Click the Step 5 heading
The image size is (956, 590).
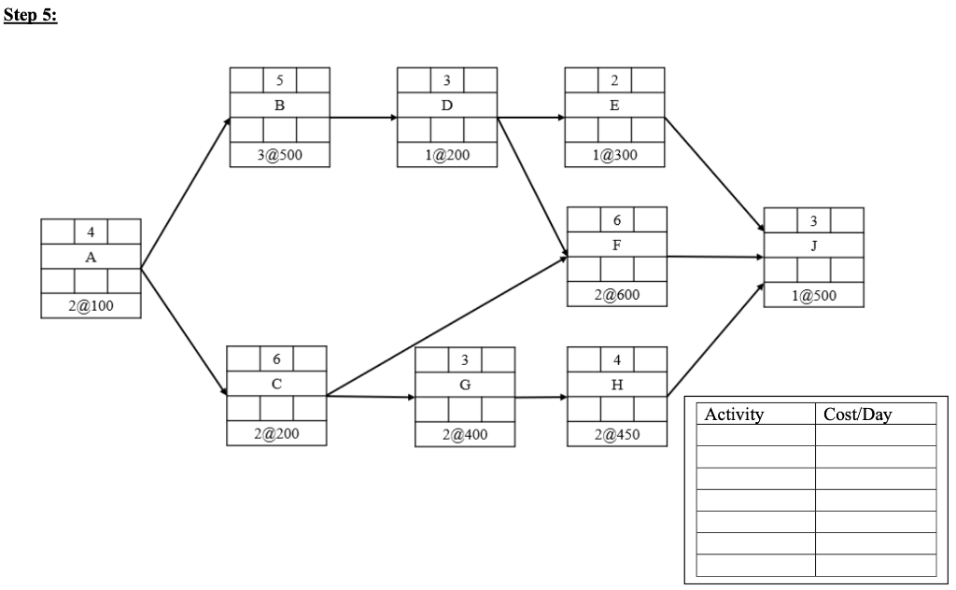[x=31, y=17]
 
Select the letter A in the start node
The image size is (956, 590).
[x=91, y=258]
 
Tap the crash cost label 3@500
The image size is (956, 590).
[x=279, y=156]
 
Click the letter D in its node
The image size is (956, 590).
[x=446, y=105]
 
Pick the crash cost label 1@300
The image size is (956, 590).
[x=614, y=156]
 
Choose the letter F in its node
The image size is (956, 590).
[x=617, y=245]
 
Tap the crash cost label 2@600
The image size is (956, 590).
[x=617, y=295]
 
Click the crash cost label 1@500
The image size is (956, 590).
[x=813, y=295]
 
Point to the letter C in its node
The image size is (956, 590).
[x=276, y=384]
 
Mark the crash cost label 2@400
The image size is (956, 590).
[x=464, y=434]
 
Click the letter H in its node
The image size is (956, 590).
[x=617, y=384]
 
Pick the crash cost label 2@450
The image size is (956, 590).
[x=617, y=434]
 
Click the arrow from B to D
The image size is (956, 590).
[x=363, y=119]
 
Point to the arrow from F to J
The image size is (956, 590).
[x=715, y=257]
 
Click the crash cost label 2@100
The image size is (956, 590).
[x=91, y=308]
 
